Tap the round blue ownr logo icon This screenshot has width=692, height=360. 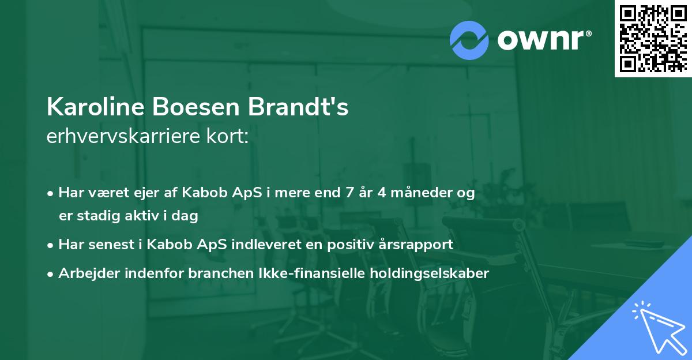[x=469, y=40]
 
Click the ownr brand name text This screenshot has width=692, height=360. [x=544, y=39]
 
